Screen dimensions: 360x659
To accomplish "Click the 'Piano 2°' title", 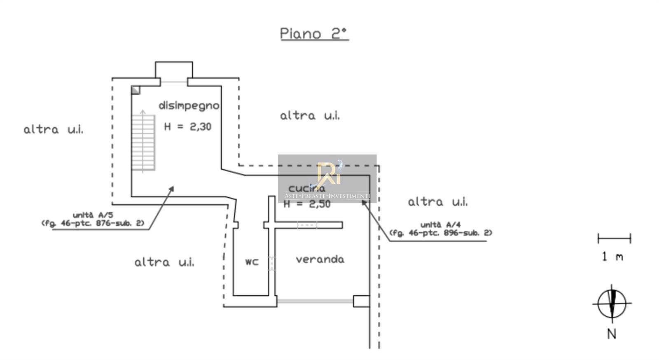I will tap(314, 33).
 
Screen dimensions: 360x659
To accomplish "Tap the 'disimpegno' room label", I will tap(189, 106).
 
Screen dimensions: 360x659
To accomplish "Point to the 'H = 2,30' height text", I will tap(187, 126).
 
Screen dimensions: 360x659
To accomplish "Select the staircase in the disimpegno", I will tap(143, 142).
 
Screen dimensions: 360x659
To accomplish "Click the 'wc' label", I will tap(252, 262).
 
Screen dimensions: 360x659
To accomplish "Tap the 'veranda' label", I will tap(320, 259).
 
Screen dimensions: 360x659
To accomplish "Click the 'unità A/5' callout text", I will tap(93, 219).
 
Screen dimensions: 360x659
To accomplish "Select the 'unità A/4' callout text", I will tap(440, 229).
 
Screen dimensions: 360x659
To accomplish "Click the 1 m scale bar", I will tap(614, 238).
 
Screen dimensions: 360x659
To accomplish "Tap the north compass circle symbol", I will tap(612, 304).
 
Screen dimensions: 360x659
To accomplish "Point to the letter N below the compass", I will tap(612, 334).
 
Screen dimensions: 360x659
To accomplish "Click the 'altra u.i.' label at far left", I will tap(53, 130).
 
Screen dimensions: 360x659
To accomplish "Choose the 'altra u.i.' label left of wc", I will tap(164, 262).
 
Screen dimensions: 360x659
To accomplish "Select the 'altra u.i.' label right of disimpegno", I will tap(310, 116).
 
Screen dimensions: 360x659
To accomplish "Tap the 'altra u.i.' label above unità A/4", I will tap(437, 202).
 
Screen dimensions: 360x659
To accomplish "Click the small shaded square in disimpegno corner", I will tap(136, 90).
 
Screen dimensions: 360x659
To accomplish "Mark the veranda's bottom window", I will tap(315, 302).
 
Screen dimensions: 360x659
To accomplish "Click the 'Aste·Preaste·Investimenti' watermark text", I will tap(327, 196).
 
